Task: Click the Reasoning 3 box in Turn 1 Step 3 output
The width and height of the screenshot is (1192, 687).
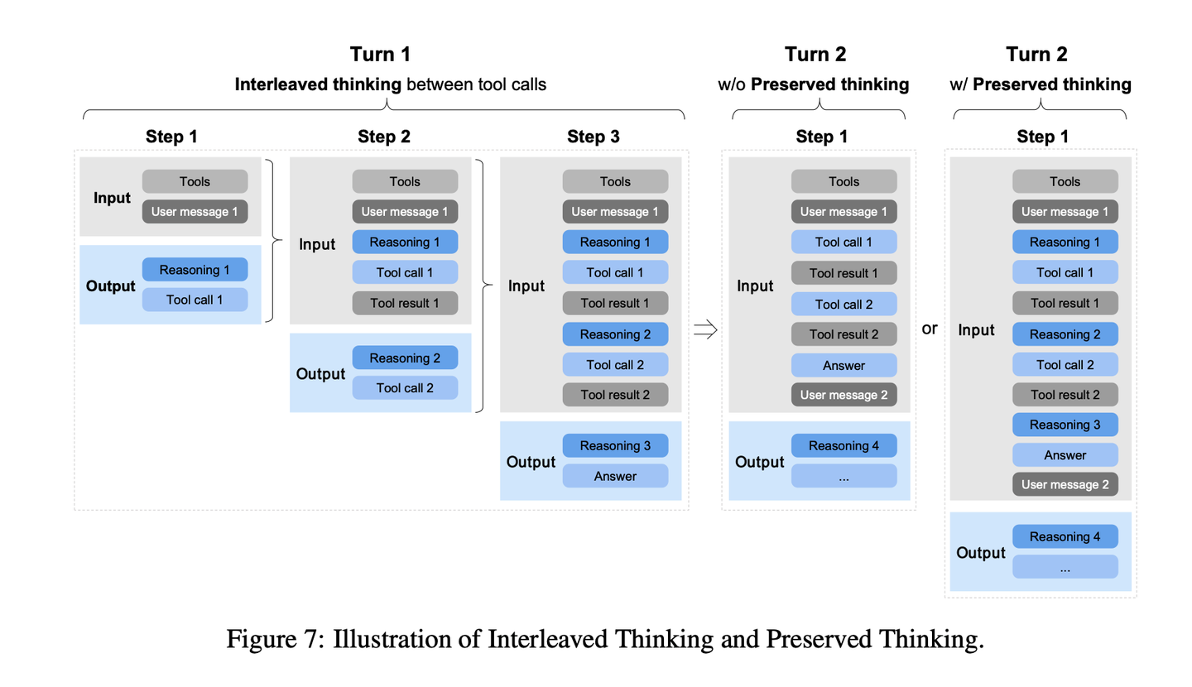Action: click(x=615, y=445)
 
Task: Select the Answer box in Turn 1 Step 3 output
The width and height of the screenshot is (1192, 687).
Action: click(x=615, y=476)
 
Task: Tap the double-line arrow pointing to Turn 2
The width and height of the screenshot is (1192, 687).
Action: click(x=705, y=329)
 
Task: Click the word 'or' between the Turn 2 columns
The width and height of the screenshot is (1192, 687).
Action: click(x=930, y=329)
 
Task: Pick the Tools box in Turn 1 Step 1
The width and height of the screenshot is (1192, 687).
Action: click(x=195, y=181)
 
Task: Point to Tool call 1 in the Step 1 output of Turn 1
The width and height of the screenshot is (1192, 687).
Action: click(x=195, y=300)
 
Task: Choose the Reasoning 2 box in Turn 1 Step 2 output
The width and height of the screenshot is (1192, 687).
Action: click(x=405, y=358)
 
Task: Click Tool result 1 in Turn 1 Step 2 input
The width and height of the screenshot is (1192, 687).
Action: click(x=405, y=303)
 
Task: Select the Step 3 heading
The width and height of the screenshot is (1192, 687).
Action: click(x=594, y=137)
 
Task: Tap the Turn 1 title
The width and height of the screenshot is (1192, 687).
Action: click(x=380, y=54)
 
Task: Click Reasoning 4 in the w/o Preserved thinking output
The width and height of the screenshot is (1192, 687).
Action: click(x=844, y=445)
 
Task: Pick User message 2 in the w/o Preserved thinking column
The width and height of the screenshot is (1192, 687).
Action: click(x=844, y=395)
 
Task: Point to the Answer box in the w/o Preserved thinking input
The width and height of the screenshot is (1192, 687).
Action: click(x=844, y=365)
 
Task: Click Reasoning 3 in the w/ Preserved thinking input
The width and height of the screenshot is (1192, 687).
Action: click(x=1065, y=425)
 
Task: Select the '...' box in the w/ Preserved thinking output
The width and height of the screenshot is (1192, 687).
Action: click(x=1065, y=567)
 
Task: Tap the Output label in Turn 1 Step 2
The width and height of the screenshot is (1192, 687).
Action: click(x=320, y=373)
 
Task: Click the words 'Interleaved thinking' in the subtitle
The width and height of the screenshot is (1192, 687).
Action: click(x=318, y=84)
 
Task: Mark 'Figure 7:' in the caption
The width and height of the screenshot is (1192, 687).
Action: click(x=275, y=638)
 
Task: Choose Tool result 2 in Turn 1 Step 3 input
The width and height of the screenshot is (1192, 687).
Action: click(x=615, y=395)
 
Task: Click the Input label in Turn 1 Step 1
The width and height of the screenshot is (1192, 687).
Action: click(x=112, y=198)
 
